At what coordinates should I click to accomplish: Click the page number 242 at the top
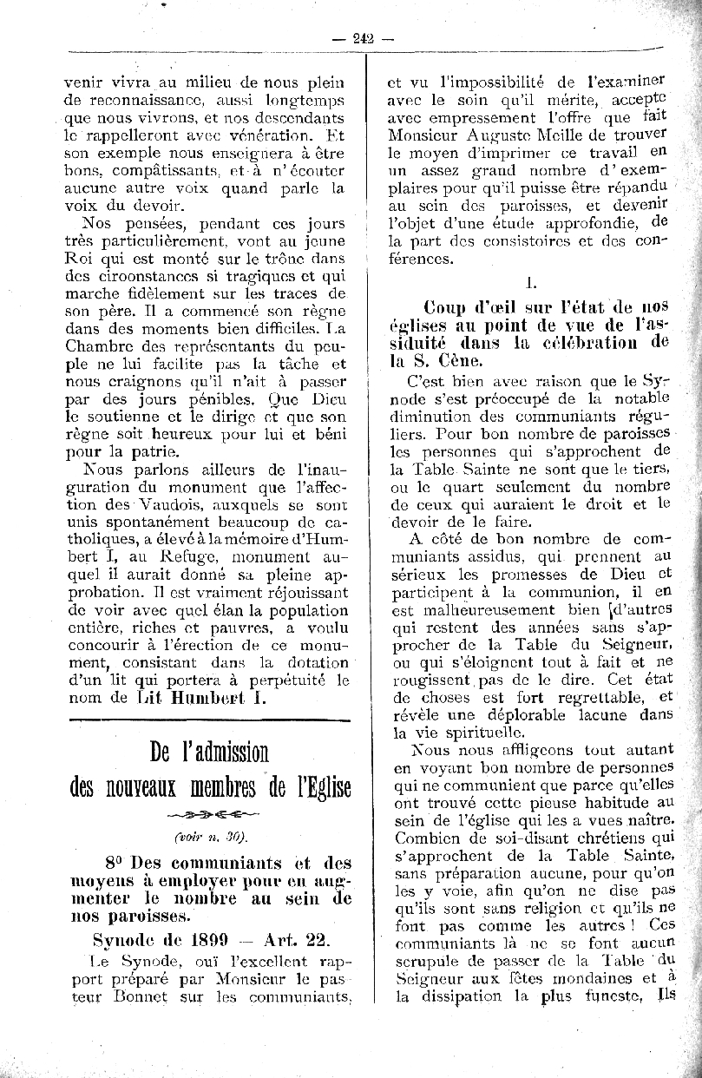[363, 36]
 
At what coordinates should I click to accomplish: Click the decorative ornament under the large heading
[208, 814]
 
